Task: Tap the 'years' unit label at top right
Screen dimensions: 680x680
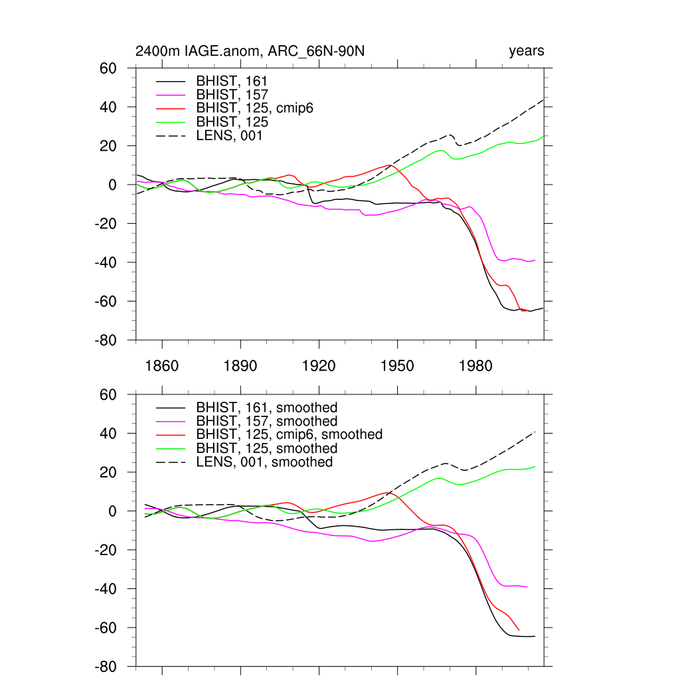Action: pos(527,51)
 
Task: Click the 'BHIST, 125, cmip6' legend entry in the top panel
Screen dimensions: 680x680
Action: pos(254,108)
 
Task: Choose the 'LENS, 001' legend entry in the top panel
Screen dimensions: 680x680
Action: pos(225,136)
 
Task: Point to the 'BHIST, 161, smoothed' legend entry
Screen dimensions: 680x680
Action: pos(267,407)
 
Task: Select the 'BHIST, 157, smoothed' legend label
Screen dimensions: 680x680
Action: pos(267,421)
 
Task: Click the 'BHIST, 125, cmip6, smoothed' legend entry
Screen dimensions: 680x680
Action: pos(290,434)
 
